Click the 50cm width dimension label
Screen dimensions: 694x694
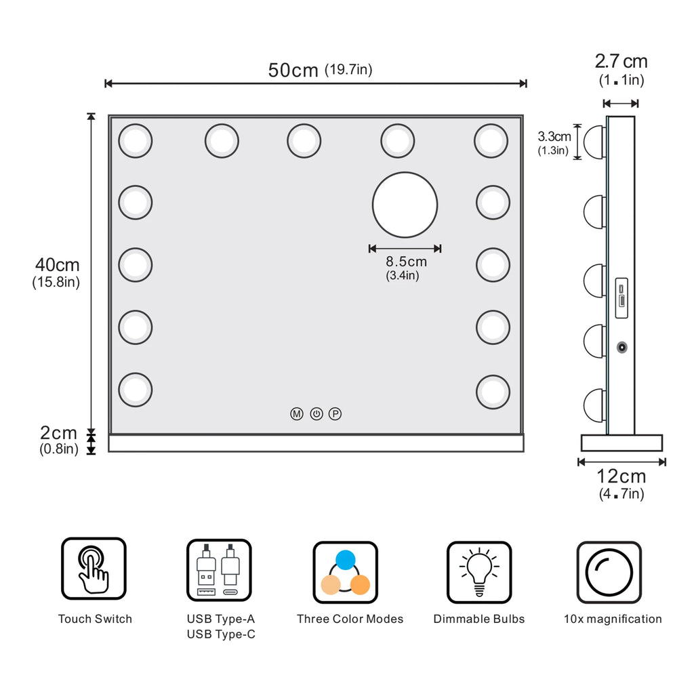(x=320, y=70)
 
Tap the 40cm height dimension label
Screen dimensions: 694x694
(x=56, y=272)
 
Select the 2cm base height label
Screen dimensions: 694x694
(x=58, y=440)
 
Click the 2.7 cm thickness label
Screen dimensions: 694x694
(x=621, y=70)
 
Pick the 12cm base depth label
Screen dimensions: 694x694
(x=621, y=484)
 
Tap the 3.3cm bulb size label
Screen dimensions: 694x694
(x=554, y=142)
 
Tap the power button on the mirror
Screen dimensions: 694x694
(x=317, y=414)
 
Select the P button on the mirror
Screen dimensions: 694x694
(x=335, y=414)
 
